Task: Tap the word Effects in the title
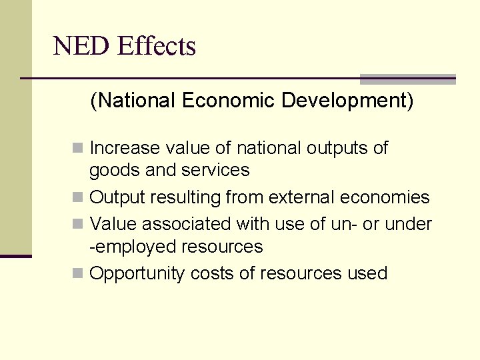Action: click(156, 47)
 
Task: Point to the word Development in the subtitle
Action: click(347, 101)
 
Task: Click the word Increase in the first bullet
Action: click(125, 148)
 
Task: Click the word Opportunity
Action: click(137, 273)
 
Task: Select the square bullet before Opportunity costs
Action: click(79, 273)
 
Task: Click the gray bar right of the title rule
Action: click(407, 79)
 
